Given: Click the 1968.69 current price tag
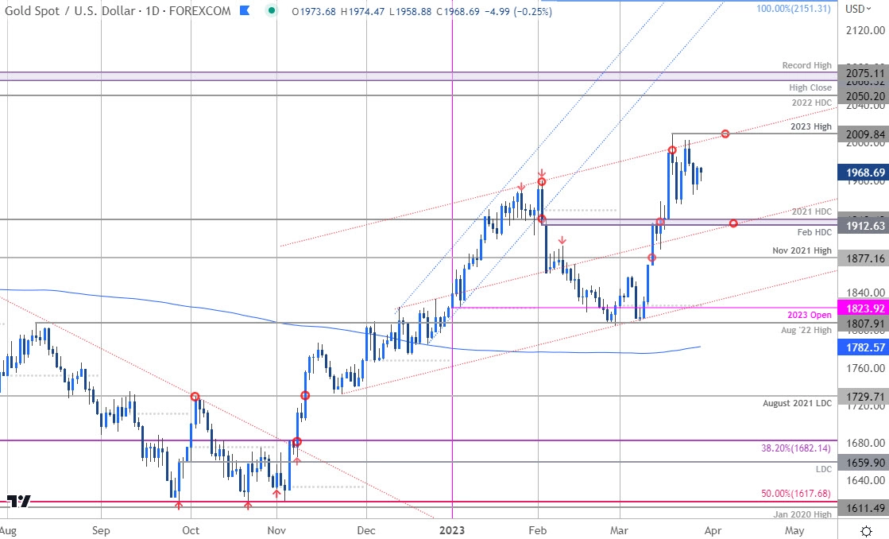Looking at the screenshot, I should point(864,172).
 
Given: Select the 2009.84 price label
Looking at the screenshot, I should point(864,134).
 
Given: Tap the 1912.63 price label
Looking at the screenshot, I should point(864,225).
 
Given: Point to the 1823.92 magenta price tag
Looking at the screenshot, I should point(864,308).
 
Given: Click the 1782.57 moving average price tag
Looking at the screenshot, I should point(864,347).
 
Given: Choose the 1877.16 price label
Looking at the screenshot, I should point(864,258).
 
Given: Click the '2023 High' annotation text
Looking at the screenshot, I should point(812,127).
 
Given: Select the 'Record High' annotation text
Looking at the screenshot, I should point(806,66).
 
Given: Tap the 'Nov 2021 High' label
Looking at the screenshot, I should point(802,251).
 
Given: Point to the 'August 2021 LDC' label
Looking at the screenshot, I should point(798,404).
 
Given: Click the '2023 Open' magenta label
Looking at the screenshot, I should point(810,315).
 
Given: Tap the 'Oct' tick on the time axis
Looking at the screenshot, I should point(191,529).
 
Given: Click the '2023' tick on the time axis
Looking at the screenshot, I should point(452,529).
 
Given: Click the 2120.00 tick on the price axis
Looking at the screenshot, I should point(864,30).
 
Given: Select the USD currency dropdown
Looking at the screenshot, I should point(858,9).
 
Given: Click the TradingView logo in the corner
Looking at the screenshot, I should point(19,502).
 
